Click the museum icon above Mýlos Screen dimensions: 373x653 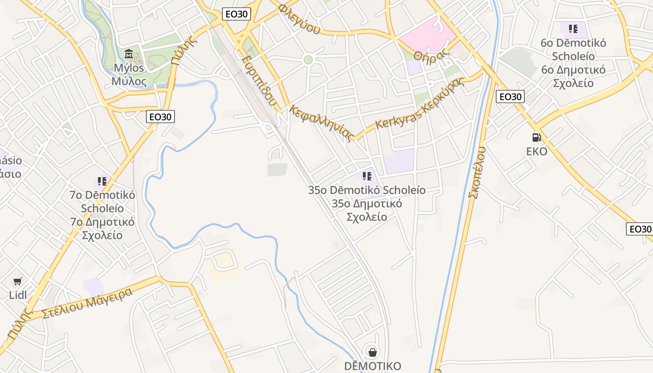coord(129,54)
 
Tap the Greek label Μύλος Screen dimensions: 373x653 coord(129,82)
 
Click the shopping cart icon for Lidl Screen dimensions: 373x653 coord(18,281)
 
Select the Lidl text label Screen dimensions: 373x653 coord(18,295)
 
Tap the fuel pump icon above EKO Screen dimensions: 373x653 coord(536,138)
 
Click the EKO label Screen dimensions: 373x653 coord(536,152)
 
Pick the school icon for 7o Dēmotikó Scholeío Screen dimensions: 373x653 coord(102,181)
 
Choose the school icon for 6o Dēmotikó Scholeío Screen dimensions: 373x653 coord(573,29)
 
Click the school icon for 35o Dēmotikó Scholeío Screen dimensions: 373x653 coord(367,176)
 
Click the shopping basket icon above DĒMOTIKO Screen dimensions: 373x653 coord(372,352)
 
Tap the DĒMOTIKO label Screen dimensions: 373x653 coord(372,366)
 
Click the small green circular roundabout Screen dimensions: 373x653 coord(308,60)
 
